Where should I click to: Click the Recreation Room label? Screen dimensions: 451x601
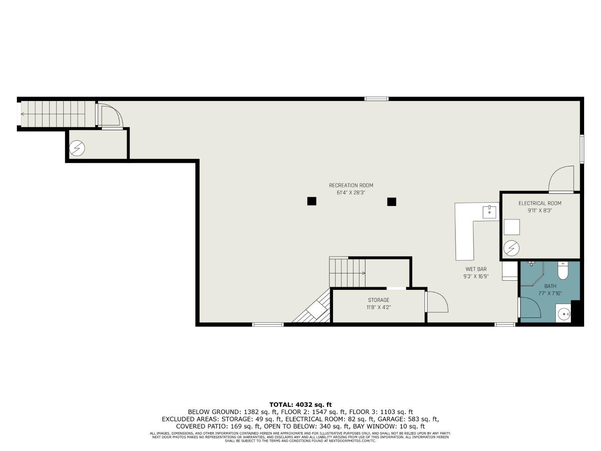[351, 185]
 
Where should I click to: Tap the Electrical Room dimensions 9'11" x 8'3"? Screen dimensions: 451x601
[540, 210]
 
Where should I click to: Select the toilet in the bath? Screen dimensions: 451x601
[563, 271]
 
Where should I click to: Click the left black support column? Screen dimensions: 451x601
[312, 201]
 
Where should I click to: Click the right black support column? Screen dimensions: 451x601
[391, 202]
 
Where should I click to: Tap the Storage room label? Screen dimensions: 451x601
[379, 300]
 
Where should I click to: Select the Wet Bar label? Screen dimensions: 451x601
[476, 269]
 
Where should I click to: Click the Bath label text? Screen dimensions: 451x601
[550, 286]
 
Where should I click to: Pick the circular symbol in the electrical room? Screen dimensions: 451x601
[511, 248]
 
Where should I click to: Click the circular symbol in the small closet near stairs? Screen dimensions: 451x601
[77, 149]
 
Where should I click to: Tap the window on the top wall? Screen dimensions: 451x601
[376, 99]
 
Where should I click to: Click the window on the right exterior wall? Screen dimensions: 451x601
[582, 149]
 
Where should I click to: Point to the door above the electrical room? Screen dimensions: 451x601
[561, 180]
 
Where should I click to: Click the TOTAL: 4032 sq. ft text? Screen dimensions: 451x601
[300, 404]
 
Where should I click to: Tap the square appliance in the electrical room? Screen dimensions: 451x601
[512, 227]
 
